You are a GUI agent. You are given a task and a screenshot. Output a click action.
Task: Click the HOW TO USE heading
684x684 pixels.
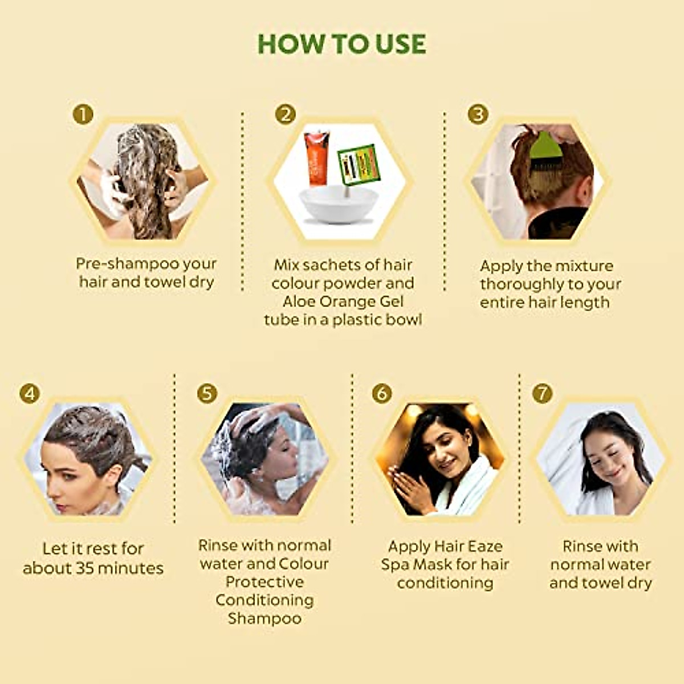(341, 44)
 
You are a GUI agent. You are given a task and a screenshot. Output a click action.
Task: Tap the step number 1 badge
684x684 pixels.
(83, 115)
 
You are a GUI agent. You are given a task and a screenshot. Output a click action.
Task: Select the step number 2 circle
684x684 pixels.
(285, 115)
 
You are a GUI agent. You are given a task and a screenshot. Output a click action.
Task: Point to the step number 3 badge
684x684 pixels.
(478, 115)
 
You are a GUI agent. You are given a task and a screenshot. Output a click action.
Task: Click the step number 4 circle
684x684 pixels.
(30, 393)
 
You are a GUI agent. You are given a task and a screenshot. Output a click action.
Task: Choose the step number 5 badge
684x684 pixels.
(207, 393)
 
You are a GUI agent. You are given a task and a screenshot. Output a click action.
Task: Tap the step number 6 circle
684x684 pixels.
(382, 393)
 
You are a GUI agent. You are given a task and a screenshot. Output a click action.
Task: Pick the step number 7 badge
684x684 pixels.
(542, 393)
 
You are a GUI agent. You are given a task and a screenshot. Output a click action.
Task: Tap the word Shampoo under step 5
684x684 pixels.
(264, 618)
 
